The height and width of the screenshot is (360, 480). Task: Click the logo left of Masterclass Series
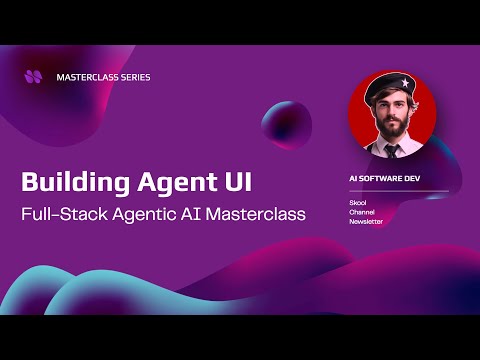point(34,75)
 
